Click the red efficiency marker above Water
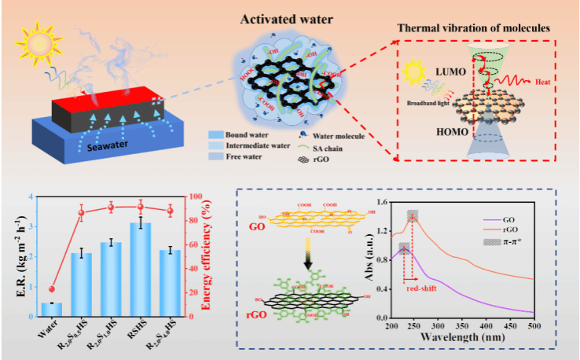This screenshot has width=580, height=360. [x=52, y=289]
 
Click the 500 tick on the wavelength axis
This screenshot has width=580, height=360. [x=534, y=325]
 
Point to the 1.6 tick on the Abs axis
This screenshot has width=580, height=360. [x=381, y=203]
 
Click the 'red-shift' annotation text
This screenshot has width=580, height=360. [x=423, y=288]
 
